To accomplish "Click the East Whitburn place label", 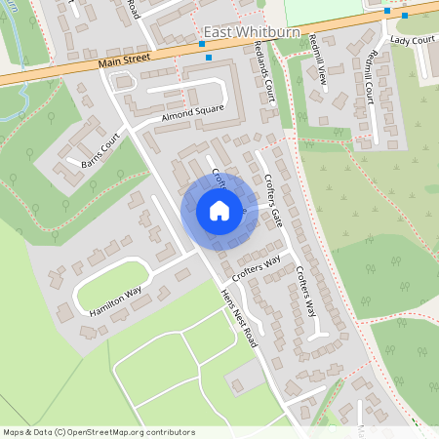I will [240, 32].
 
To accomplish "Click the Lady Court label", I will [410, 40].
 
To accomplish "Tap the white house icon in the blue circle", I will [219, 211].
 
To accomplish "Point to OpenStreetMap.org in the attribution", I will [108, 431].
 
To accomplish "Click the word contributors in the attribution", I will [168, 431].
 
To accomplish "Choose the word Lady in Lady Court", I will [399, 40].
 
